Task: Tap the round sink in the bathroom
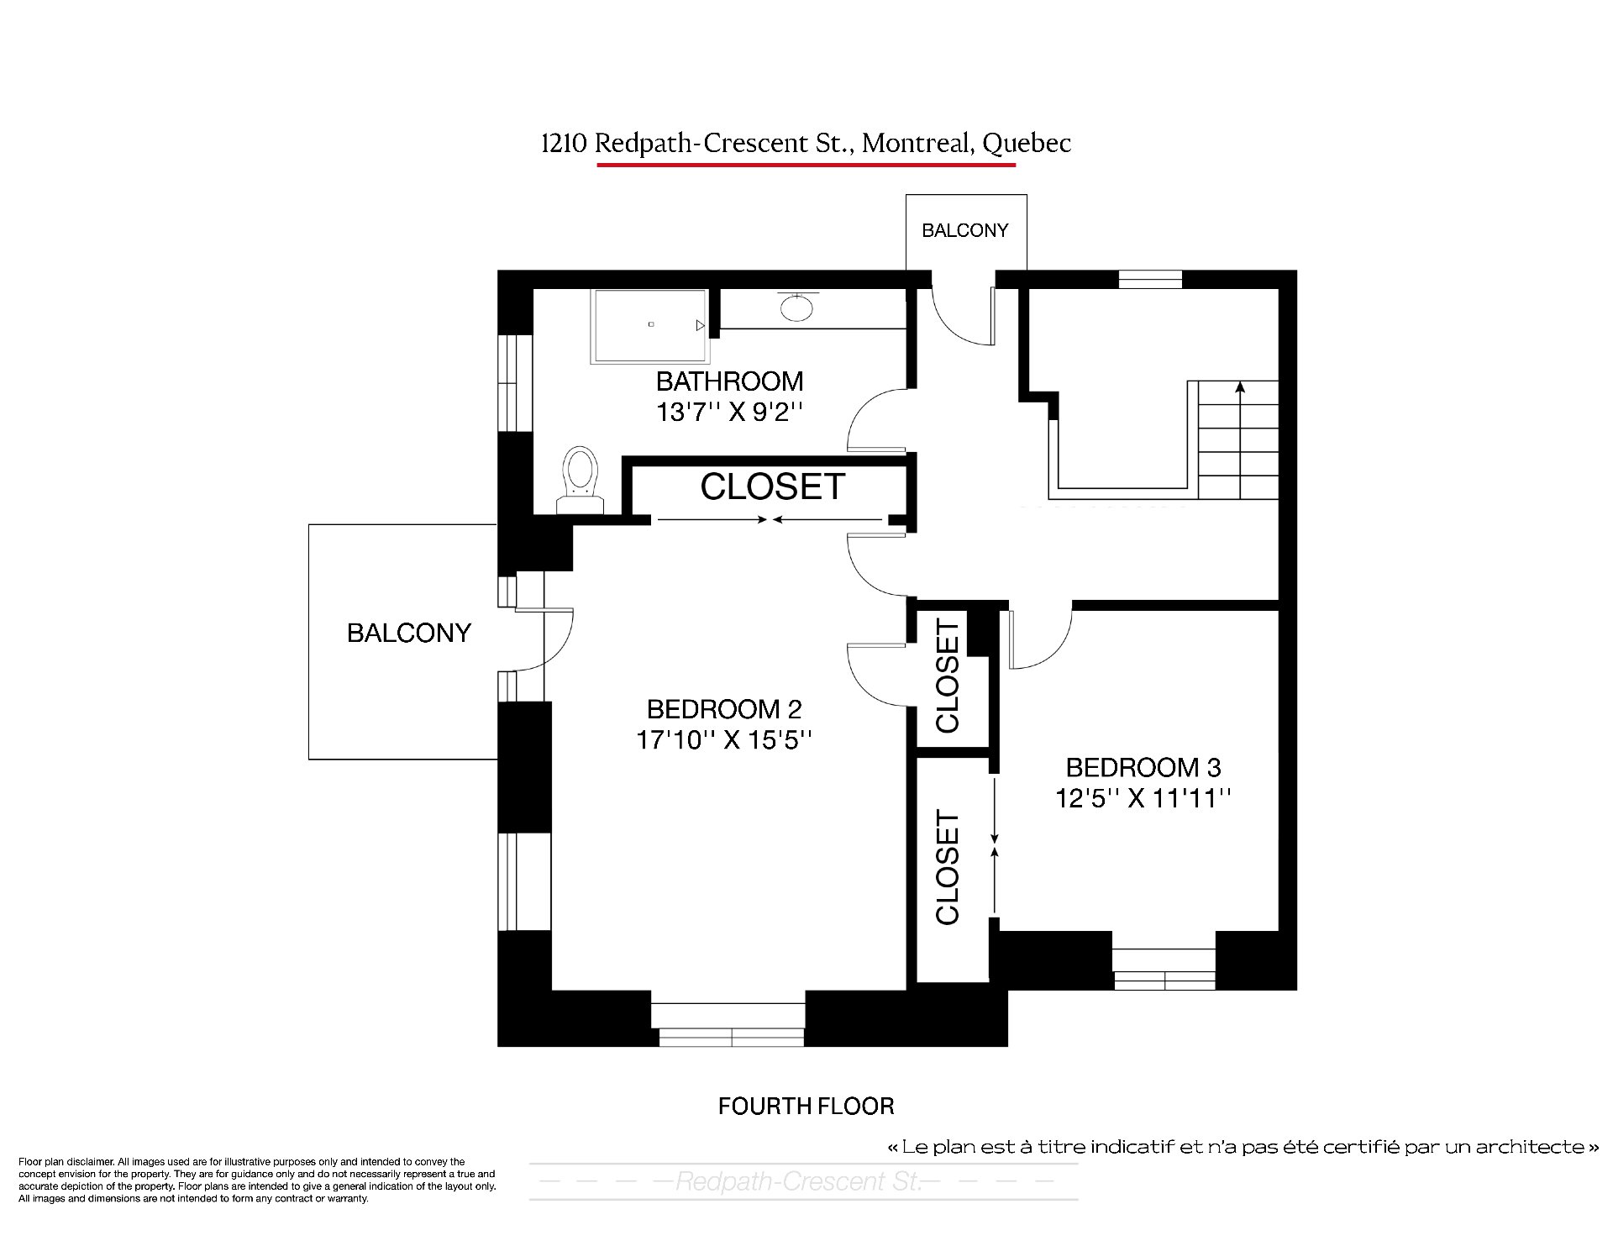coord(796,307)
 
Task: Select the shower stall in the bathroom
coord(650,326)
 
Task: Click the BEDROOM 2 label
coord(724,709)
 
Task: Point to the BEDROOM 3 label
coord(1143,767)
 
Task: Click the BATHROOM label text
coord(729,381)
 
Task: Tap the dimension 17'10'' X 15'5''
coord(724,740)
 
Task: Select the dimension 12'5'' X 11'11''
coord(1143,798)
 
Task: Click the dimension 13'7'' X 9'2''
coord(729,413)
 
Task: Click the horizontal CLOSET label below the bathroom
coord(772,486)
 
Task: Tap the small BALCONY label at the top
coord(964,230)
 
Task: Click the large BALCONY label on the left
coord(409,633)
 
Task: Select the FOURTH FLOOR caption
coord(806,1106)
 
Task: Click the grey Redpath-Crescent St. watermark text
coord(798,1182)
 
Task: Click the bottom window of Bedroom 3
coord(1164,969)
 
